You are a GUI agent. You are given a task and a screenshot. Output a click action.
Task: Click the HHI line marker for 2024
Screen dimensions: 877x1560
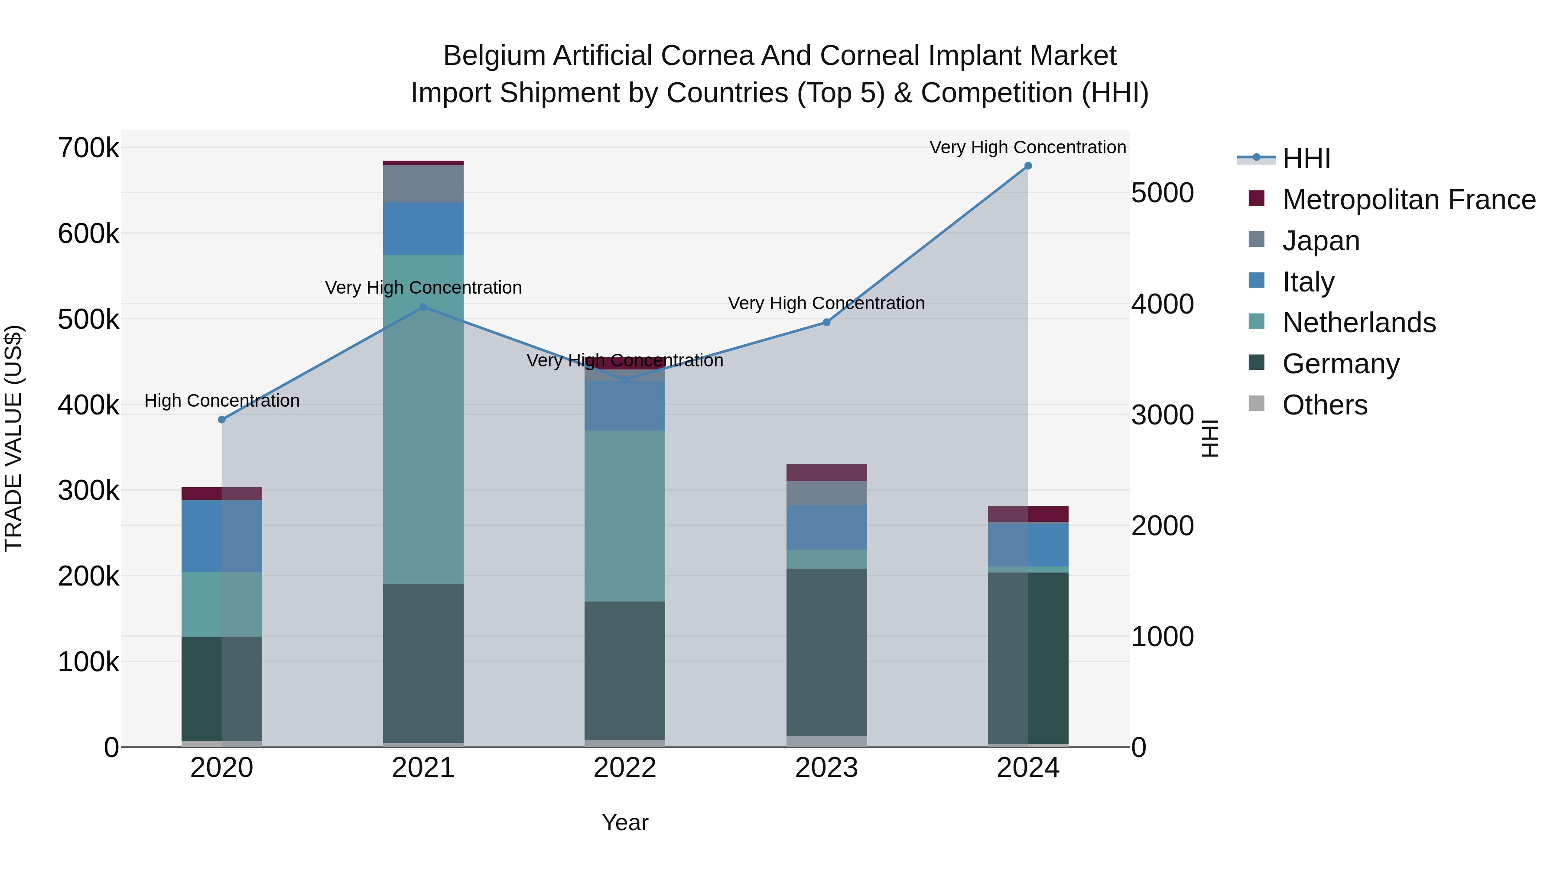(1028, 166)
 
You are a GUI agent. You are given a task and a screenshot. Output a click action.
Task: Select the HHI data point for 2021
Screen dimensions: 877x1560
(423, 307)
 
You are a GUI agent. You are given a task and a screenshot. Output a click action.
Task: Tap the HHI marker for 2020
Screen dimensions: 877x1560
(221, 419)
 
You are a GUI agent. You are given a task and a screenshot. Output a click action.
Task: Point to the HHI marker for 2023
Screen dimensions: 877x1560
(826, 322)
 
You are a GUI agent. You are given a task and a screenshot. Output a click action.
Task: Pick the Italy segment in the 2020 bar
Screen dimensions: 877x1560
(221, 536)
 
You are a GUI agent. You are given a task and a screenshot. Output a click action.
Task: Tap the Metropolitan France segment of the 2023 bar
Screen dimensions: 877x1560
(826, 472)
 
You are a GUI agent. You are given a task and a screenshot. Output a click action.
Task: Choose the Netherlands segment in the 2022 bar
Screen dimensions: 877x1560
(624, 516)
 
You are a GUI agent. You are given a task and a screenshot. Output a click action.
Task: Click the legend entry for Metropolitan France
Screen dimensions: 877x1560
(1409, 200)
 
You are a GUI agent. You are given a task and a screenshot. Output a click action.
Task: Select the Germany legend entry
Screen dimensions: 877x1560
(1341, 364)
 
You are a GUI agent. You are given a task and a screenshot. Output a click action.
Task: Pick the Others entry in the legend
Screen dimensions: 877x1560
(1324, 405)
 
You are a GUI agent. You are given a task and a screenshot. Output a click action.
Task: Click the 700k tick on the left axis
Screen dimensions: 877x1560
(88, 148)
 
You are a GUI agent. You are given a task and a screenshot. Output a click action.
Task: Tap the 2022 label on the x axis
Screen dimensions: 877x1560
(624, 768)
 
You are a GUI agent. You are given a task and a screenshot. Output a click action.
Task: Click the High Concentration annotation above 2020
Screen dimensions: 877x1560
(221, 401)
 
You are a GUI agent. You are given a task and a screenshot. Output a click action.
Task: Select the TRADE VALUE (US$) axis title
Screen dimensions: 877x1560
(13, 438)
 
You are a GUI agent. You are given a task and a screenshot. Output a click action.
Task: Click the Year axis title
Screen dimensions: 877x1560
(624, 822)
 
